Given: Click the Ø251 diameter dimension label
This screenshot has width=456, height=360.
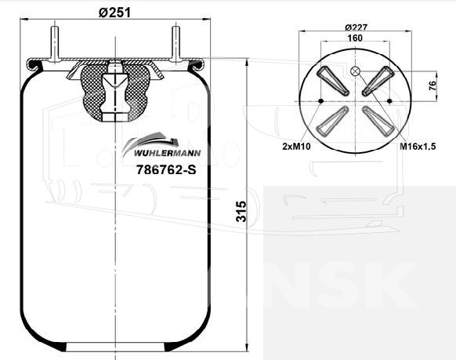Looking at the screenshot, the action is (x=114, y=13).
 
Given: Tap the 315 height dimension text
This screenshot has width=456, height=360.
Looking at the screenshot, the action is (x=241, y=211).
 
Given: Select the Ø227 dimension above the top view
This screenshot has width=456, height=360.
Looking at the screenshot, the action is (x=356, y=27).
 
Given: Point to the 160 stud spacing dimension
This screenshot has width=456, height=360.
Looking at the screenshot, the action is (x=355, y=38).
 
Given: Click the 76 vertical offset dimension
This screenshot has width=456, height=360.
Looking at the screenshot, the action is (x=432, y=85).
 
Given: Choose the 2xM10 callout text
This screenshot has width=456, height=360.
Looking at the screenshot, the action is (x=296, y=146).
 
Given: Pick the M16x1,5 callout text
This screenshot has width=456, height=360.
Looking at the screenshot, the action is (x=418, y=146).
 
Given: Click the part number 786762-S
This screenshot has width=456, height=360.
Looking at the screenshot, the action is (x=166, y=169).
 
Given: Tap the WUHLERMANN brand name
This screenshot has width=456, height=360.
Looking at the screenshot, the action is (x=167, y=153).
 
